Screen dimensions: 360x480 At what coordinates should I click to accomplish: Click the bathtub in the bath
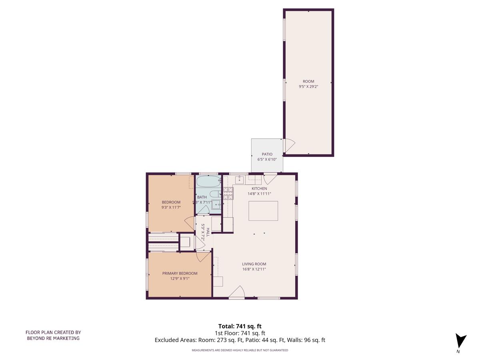tap(208, 181)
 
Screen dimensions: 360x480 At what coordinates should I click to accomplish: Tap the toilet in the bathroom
tap(215, 194)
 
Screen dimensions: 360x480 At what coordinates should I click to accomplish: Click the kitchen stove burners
tap(228, 193)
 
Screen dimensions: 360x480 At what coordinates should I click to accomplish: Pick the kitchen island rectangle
tap(263, 211)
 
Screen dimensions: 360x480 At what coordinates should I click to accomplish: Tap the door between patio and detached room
tap(289, 145)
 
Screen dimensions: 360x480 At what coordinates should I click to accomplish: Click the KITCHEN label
tap(259, 188)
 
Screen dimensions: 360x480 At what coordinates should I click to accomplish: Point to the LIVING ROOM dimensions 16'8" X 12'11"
tap(254, 269)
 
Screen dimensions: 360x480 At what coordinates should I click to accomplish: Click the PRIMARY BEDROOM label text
tap(180, 274)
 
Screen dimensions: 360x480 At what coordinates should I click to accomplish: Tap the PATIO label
tap(267, 154)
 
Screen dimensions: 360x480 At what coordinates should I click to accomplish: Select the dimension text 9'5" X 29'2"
tap(308, 86)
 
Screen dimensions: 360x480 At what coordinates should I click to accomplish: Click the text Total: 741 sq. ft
tap(240, 326)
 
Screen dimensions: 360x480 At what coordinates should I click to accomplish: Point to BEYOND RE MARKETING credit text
tap(53, 338)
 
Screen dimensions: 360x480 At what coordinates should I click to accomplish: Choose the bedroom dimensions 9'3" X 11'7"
tap(171, 207)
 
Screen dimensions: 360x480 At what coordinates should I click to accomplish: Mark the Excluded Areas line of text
tap(240, 340)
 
